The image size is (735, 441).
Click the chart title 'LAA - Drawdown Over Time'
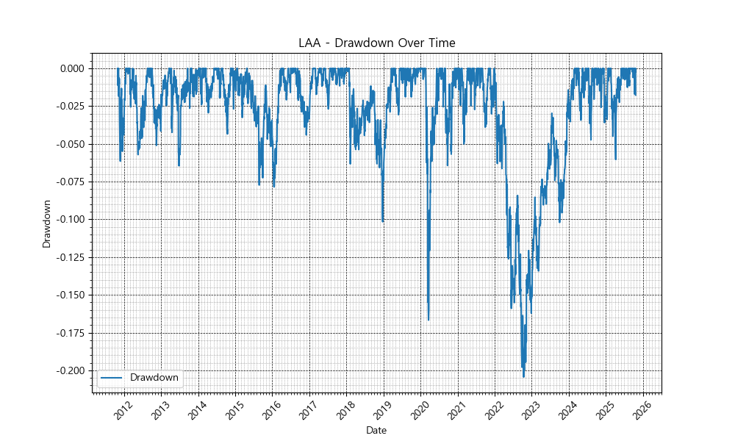(x=376, y=43)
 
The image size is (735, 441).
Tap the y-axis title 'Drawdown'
(x=47, y=223)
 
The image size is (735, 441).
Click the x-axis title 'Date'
(x=376, y=430)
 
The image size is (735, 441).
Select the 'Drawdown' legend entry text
(x=154, y=378)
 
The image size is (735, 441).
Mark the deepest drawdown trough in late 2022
(x=523, y=376)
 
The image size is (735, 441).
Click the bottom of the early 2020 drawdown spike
(x=429, y=320)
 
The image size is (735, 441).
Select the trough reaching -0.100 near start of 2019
(x=383, y=220)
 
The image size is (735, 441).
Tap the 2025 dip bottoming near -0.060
(x=615, y=159)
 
